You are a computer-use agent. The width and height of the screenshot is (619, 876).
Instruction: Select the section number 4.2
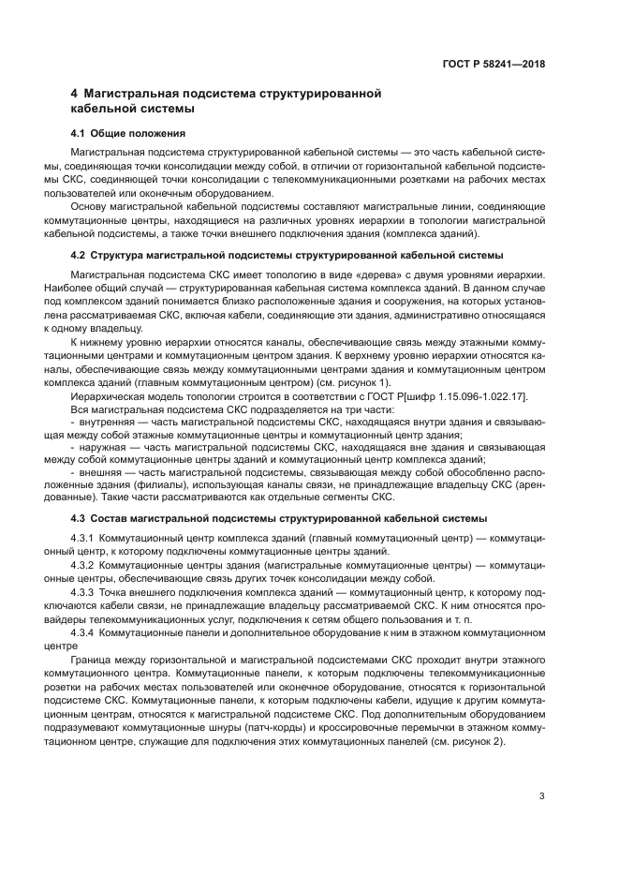tap(80, 255)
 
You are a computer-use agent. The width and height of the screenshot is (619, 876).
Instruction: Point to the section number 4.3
tap(80, 517)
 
